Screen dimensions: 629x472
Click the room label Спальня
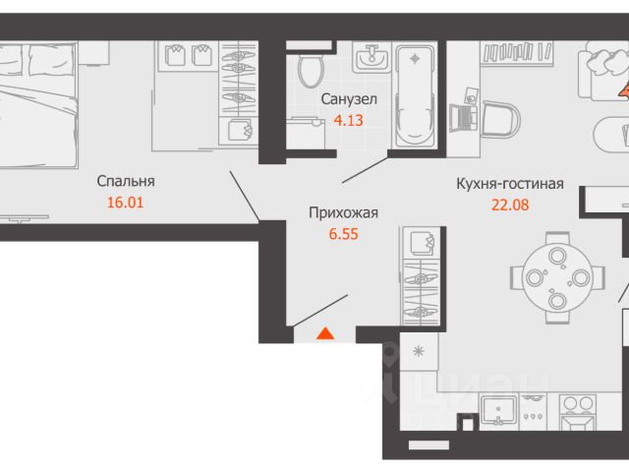126,181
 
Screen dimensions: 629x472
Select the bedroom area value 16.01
125,203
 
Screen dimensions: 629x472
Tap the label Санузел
349,99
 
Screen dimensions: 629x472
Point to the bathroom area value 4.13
349,120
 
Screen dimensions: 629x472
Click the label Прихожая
343,212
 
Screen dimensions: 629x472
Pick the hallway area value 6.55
344,234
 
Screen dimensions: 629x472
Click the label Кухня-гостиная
510,184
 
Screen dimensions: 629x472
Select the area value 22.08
510,205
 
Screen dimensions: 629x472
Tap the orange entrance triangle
325,333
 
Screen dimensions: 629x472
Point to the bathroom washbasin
372,57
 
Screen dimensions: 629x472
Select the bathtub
415,96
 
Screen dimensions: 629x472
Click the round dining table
557,277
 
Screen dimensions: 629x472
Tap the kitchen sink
498,411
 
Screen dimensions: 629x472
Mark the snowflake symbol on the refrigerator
419,352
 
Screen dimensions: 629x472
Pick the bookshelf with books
518,52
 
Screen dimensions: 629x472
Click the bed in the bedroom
37,105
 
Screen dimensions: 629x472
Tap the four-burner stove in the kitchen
578,411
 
